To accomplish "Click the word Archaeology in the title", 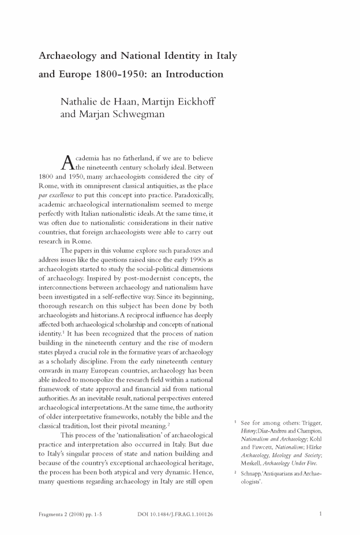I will point(65,57).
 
